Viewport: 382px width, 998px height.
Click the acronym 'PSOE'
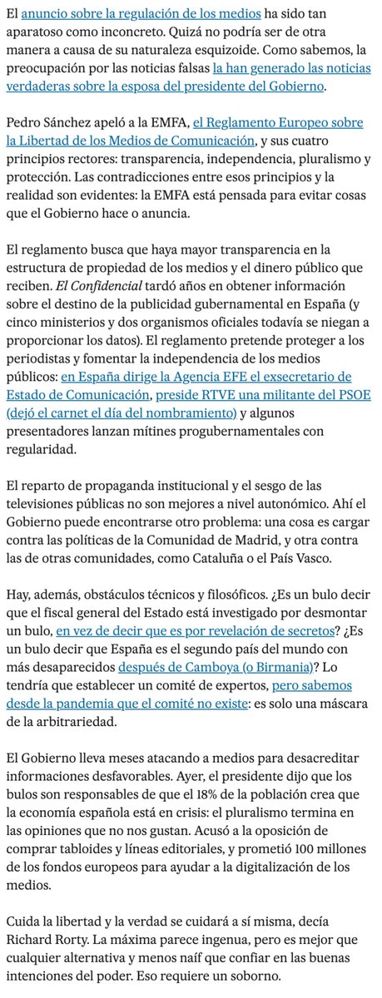345,395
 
